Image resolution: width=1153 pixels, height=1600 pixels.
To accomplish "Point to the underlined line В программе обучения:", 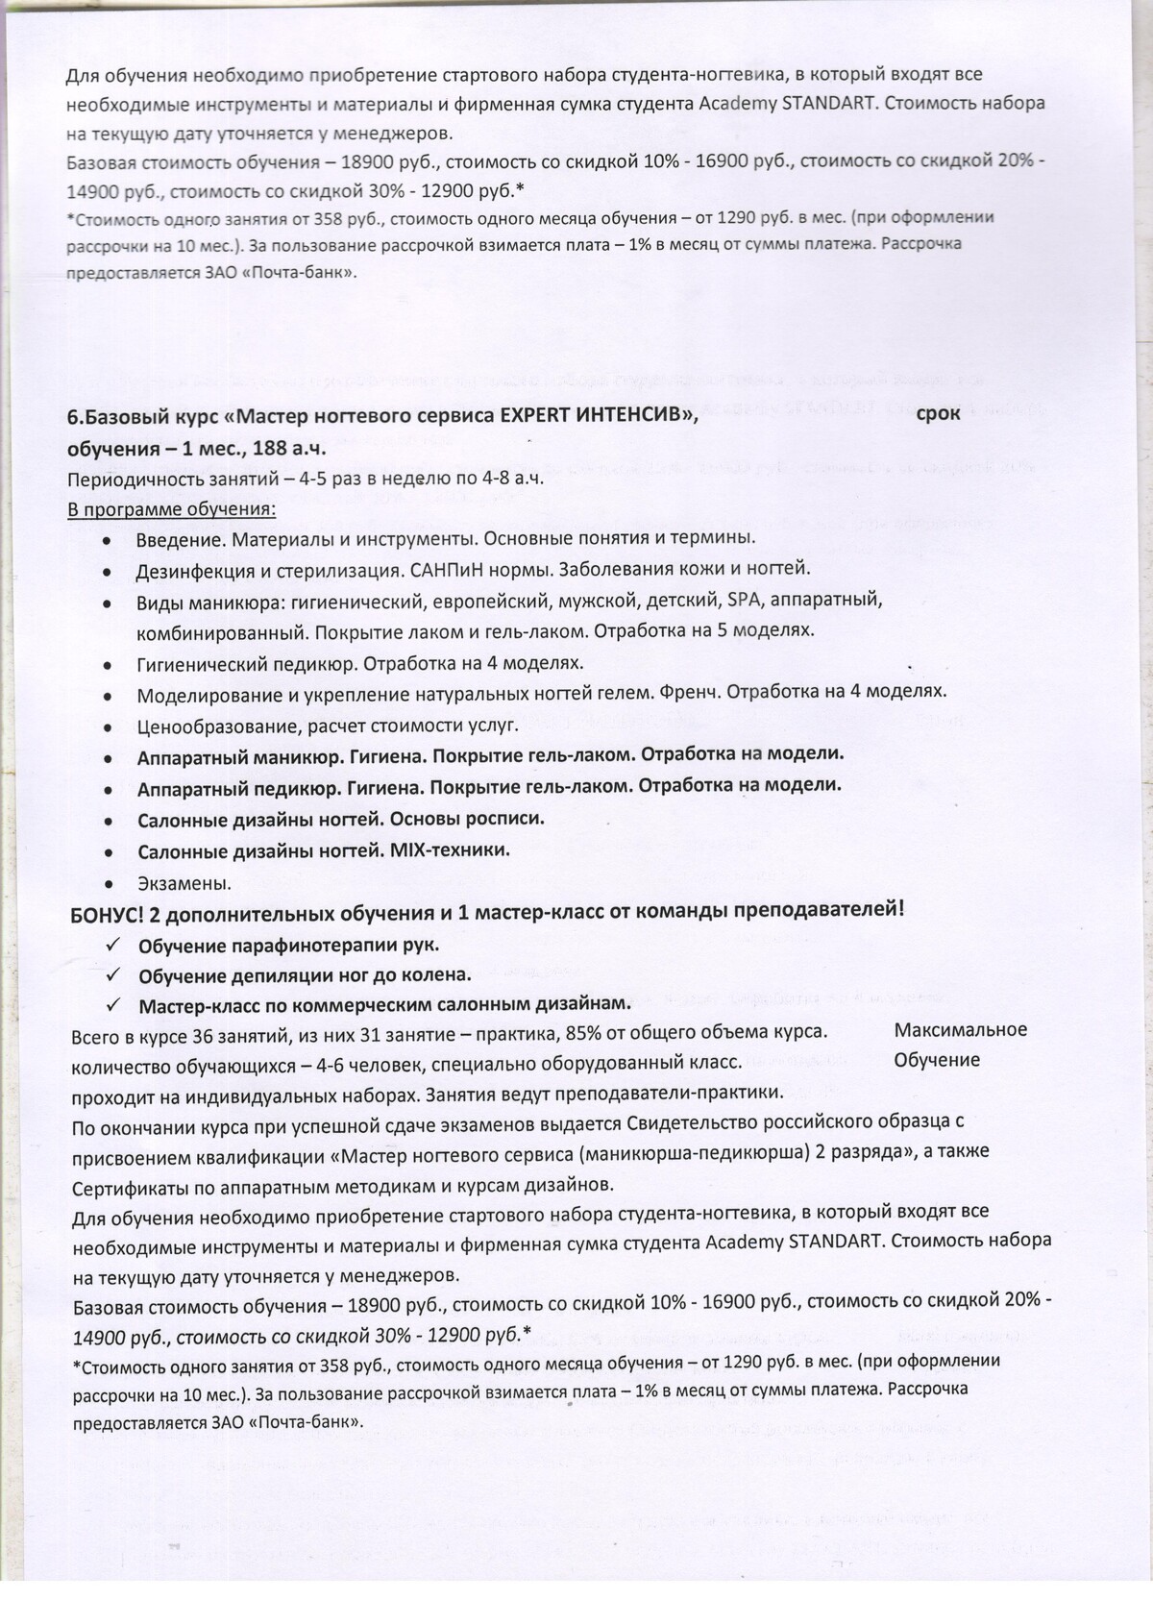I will click(x=171, y=508).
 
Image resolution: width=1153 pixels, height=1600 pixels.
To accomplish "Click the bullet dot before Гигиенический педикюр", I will click(x=112, y=665).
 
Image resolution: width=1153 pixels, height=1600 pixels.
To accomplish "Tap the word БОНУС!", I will click(x=108, y=912).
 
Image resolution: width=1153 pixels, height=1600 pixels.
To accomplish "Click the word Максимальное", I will click(x=960, y=1030).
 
